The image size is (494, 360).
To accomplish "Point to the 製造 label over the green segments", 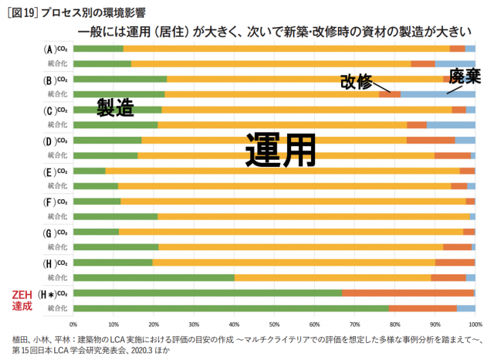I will [116, 107].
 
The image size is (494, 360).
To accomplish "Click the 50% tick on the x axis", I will [274, 324].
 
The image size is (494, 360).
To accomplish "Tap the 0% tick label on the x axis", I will [73, 324].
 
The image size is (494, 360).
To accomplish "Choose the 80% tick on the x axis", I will [394, 324].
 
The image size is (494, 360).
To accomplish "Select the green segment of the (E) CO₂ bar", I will [89, 172].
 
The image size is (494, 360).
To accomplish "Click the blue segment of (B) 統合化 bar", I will [438, 94].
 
